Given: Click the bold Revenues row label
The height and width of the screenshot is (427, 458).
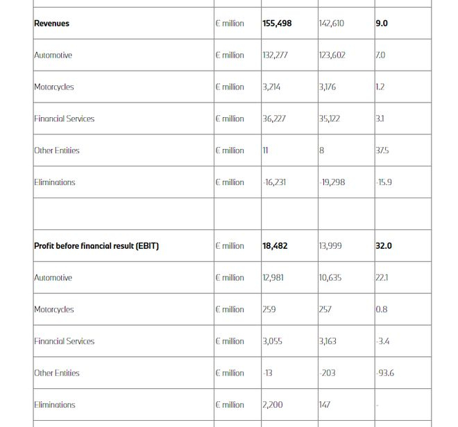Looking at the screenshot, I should pos(52,24).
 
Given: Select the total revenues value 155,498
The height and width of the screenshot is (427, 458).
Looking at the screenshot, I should pos(277,24).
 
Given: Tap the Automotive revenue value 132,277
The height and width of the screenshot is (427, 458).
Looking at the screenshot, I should pos(275,55).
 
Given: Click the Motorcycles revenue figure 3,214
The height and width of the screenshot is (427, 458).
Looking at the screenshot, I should pos(272,87).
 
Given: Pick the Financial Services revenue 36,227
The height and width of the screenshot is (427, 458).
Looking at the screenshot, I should pos(273,119).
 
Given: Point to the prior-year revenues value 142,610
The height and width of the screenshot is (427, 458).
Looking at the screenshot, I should pos(331,24).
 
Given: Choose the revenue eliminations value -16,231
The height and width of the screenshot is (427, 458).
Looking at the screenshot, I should pos(274,182).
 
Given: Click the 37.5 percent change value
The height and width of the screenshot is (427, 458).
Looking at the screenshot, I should pos(382,150).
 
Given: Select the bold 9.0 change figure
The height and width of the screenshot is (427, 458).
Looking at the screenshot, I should pos(382,24).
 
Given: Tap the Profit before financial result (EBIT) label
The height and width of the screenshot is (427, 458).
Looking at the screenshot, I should pos(96,246).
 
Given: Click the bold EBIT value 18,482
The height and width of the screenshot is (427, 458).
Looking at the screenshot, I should pos(275,246).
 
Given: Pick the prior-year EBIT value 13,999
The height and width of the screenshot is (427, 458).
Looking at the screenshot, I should pos(331,246).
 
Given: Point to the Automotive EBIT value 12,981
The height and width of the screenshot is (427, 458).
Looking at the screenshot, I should pos(273,278).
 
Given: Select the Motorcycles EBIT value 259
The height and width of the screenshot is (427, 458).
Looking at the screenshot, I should pos(269,310).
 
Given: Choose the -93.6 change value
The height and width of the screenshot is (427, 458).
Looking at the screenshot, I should pos(384,373).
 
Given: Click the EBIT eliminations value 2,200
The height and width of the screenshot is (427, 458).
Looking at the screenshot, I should pos(272,405).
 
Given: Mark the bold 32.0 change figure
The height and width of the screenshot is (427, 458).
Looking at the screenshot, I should pos(384,246).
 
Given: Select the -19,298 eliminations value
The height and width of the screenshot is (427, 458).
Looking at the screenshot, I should pos(332,182).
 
